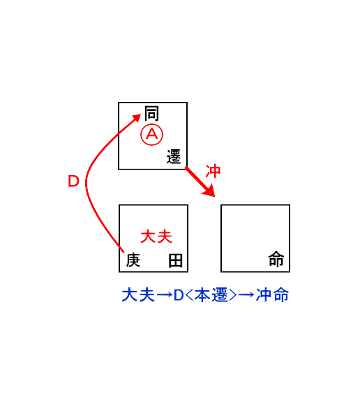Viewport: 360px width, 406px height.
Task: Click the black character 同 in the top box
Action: click(x=151, y=114)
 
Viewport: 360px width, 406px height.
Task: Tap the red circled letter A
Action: click(x=152, y=135)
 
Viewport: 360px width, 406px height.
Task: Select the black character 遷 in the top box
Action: click(x=174, y=156)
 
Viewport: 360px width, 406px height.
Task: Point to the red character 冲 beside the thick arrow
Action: click(x=213, y=171)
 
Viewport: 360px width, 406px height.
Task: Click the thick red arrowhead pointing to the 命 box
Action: click(x=209, y=191)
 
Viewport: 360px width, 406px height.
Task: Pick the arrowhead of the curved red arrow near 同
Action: click(x=136, y=119)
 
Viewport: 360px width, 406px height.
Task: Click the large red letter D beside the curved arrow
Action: click(x=73, y=181)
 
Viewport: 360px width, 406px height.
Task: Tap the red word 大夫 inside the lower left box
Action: click(x=156, y=236)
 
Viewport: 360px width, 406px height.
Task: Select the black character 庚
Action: click(x=133, y=260)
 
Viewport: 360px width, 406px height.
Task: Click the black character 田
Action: click(x=176, y=260)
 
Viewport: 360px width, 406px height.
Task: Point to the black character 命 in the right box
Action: click(x=276, y=259)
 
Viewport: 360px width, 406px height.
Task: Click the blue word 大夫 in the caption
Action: click(x=138, y=294)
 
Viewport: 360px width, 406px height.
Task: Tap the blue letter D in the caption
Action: click(x=179, y=295)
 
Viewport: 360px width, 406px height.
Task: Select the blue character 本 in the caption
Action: click(x=202, y=294)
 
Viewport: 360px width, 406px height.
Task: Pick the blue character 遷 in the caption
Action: click(x=220, y=294)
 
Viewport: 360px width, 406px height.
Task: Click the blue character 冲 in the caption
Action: click(x=264, y=294)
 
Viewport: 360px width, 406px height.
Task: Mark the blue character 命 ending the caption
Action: click(x=281, y=294)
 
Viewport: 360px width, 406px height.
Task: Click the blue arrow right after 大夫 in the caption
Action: click(x=165, y=295)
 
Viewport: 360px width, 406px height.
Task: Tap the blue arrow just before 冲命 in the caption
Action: click(x=246, y=295)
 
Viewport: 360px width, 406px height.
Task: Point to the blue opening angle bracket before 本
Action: click(x=189, y=295)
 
